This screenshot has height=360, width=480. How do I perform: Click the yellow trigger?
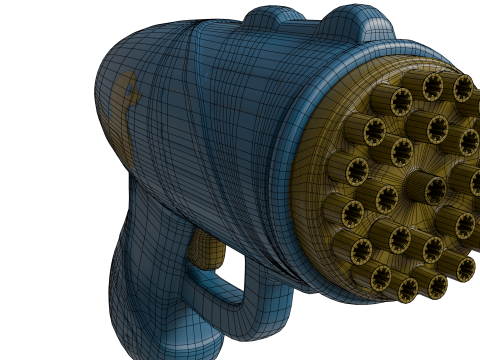[206, 250]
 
